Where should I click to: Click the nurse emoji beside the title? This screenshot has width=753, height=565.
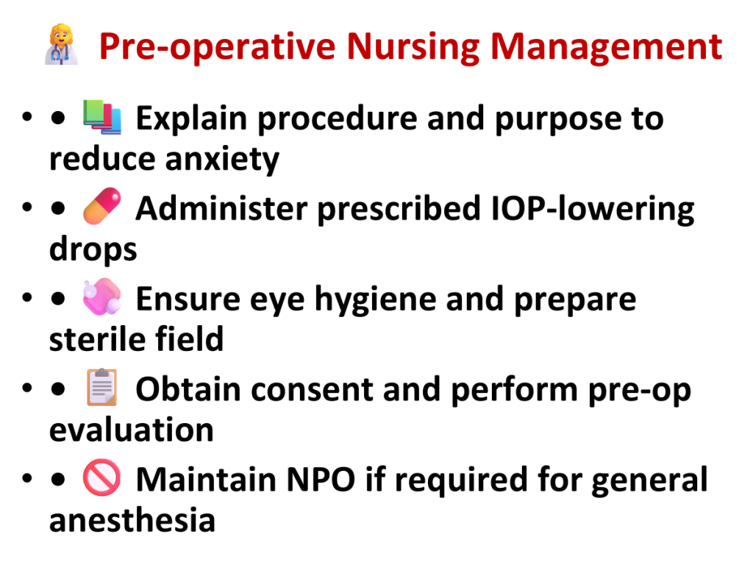(61, 44)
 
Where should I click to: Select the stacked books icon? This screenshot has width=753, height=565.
(101, 117)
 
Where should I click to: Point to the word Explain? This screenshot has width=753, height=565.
(192, 118)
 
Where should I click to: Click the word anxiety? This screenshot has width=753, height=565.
(222, 160)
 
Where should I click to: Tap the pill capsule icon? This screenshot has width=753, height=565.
(101, 206)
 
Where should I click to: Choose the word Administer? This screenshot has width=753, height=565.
(221, 208)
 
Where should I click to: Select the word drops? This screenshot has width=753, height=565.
(93, 250)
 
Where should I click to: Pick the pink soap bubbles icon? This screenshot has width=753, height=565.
(101, 296)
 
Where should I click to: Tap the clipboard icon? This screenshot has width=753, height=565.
(101, 387)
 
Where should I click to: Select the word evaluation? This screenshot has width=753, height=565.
(132, 430)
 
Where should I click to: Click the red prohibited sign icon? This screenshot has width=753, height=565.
(101, 477)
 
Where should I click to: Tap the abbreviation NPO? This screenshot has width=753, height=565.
(321, 480)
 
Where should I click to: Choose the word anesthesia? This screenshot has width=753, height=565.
(132, 520)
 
